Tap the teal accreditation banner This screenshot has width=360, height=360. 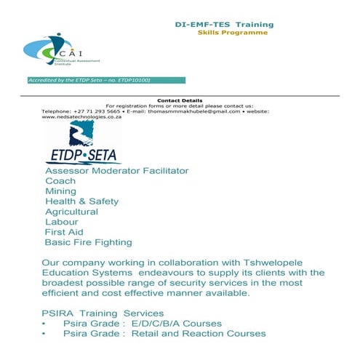(x=100, y=80)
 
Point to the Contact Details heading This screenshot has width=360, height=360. (x=180, y=100)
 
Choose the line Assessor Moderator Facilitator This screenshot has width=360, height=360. (x=116, y=171)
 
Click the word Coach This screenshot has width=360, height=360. (x=60, y=181)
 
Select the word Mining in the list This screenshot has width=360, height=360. (x=61, y=191)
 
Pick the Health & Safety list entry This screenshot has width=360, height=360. (x=81, y=201)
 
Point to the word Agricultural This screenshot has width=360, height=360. (x=71, y=212)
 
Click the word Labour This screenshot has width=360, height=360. (x=61, y=222)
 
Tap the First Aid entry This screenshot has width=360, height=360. (x=65, y=232)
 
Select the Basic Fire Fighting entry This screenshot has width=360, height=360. (x=88, y=242)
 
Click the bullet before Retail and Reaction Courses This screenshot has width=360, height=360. (x=45, y=334)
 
